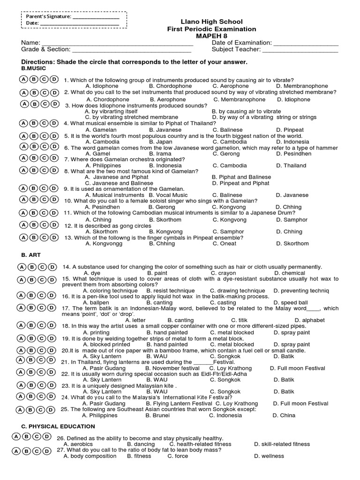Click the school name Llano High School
click(x=212, y=22)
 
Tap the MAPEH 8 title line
click(x=212, y=36)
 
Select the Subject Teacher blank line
click(x=300, y=49)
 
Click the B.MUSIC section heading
click(x=34, y=68)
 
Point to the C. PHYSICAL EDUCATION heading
click(x=58, y=427)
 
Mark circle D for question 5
click(x=54, y=136)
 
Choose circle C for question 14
click(x=43, y=267)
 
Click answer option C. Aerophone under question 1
click(x=231, y=86)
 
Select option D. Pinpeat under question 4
click(x=290, y=130)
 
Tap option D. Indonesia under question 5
click(x=292, y=142)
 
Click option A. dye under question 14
click(x=92, y=273)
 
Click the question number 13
click(x=68, y=238)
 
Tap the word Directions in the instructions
click(x=37, y=62)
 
